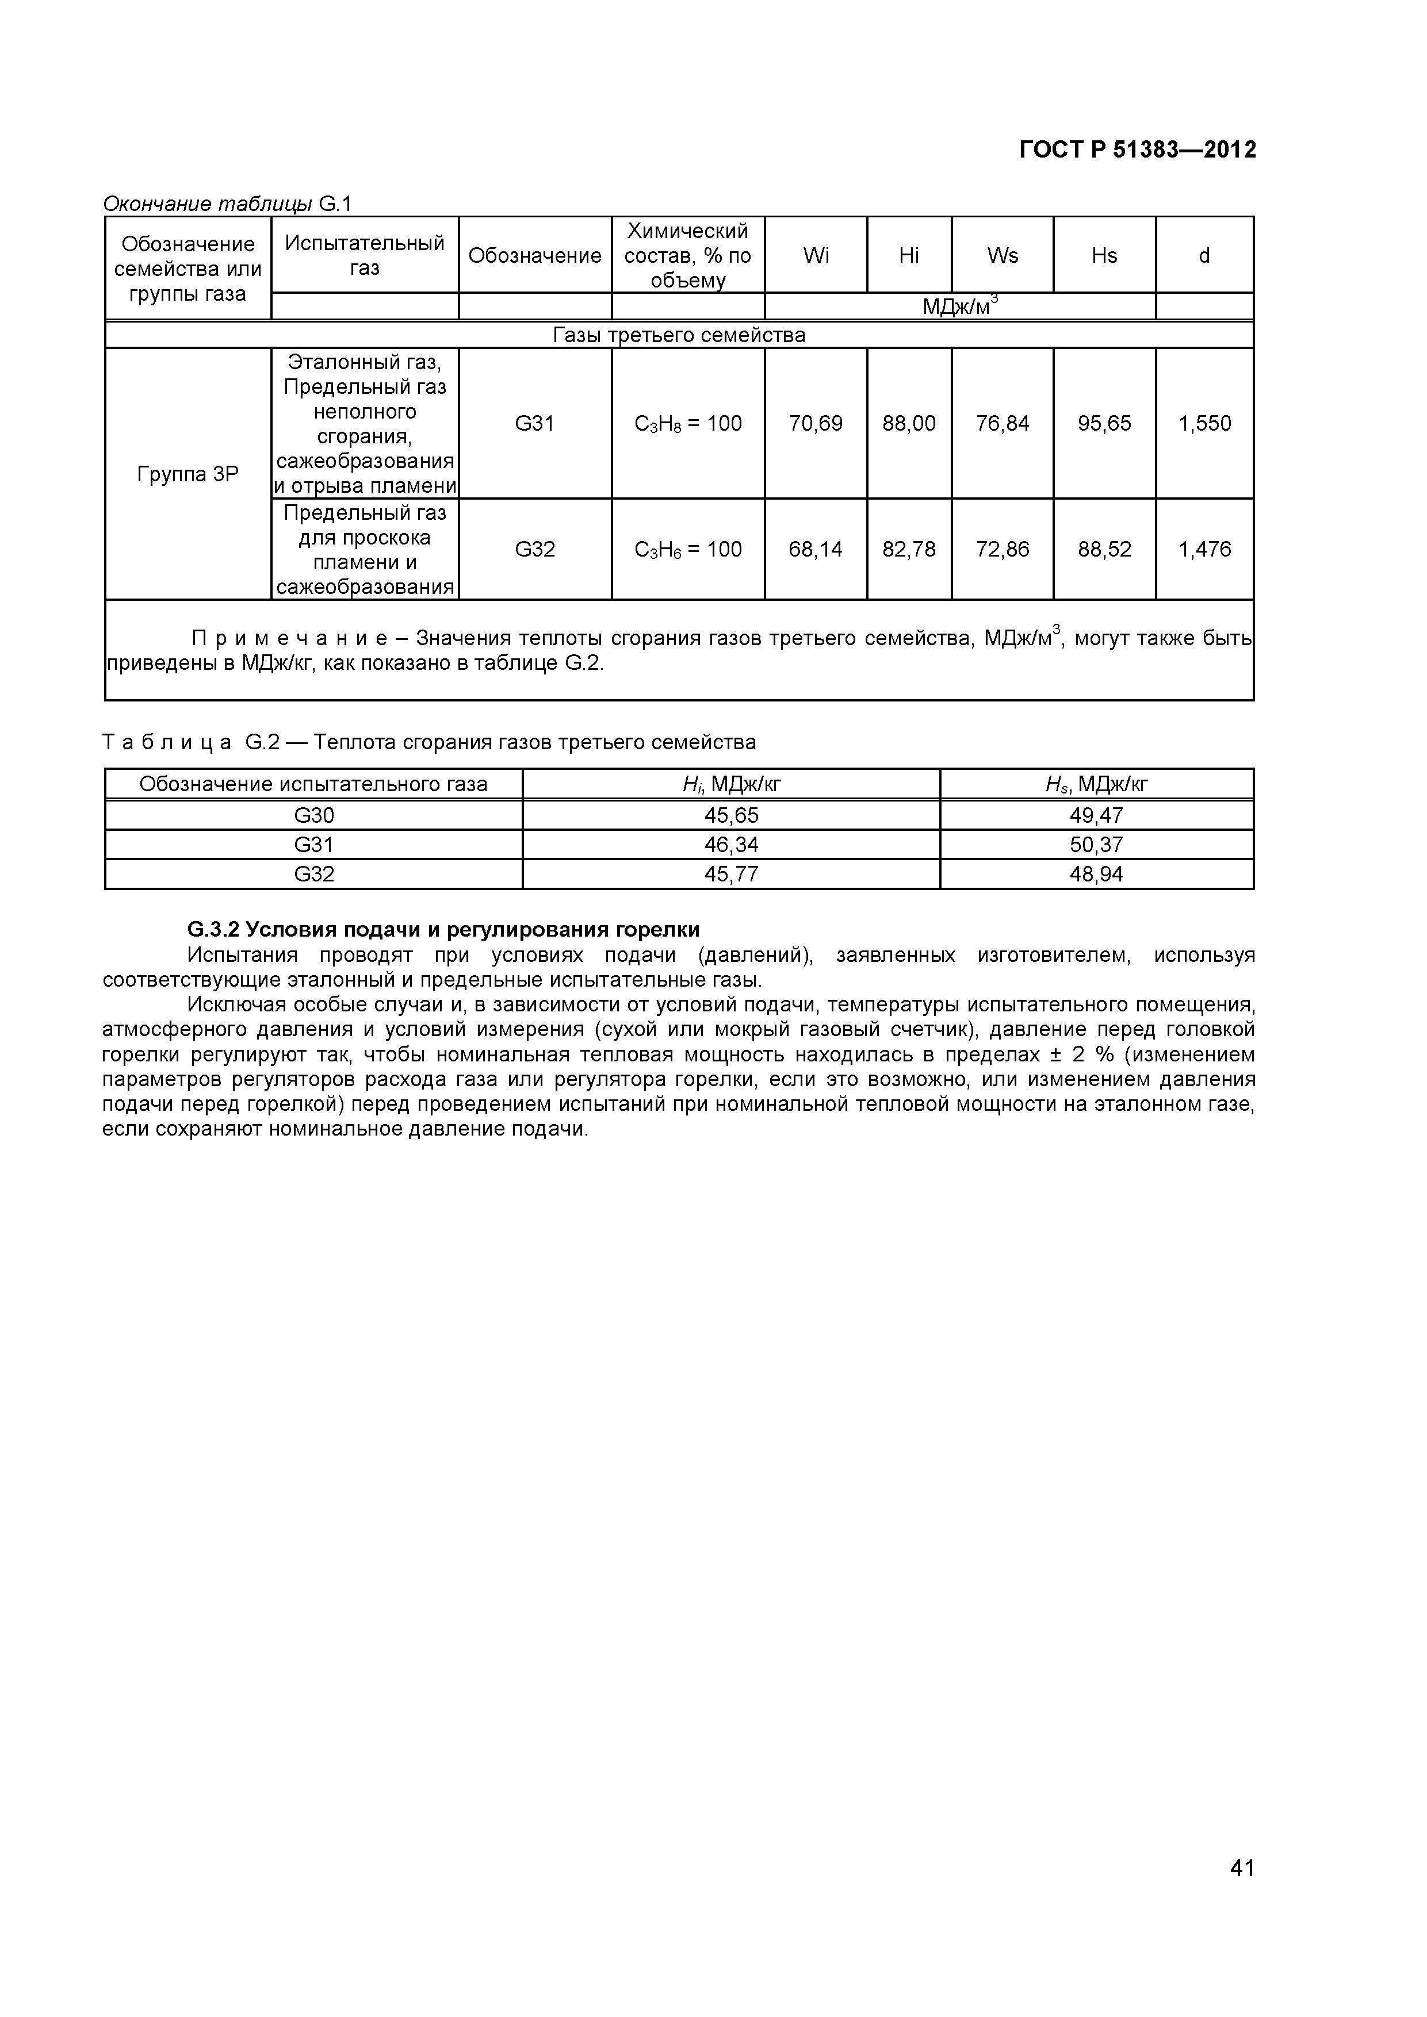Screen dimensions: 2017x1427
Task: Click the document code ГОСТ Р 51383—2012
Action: pyautogui.click(x=1137, y=150)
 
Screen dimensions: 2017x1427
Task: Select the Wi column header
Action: pyautogui.click(x=816, y=256)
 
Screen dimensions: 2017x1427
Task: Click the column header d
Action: pyautogui.click(x=1204, y=256)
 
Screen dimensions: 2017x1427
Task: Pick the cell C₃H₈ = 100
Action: pyautogui.click(x=688, y=423)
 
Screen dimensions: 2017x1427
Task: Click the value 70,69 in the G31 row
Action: pyautogui.click(x=816, y=423)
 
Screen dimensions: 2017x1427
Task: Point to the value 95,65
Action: pyautogui.click(x=1104, y=423)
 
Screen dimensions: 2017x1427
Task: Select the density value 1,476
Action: pyautogui.click(x=1204, y=549)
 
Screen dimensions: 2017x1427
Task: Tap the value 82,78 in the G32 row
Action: pyautogui.click(x=909, y=549)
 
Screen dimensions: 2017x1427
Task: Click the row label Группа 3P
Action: pyautogui.click(x=188, y=474)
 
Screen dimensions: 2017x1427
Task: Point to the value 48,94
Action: pyautogui.click(x=1097, y=874)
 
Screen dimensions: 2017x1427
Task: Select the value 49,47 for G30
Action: pyautogui.click(x=1097, y=815)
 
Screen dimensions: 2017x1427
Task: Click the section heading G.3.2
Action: pyautogui.click(x=443, y=929)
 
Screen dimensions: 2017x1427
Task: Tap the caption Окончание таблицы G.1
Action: pyautogui.click(x=227, y=204)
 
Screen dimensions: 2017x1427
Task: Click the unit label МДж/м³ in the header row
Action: pyautogui.click(x=959, y=306)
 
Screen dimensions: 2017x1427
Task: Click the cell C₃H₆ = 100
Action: pyautogui.click(x=688, y=549)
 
